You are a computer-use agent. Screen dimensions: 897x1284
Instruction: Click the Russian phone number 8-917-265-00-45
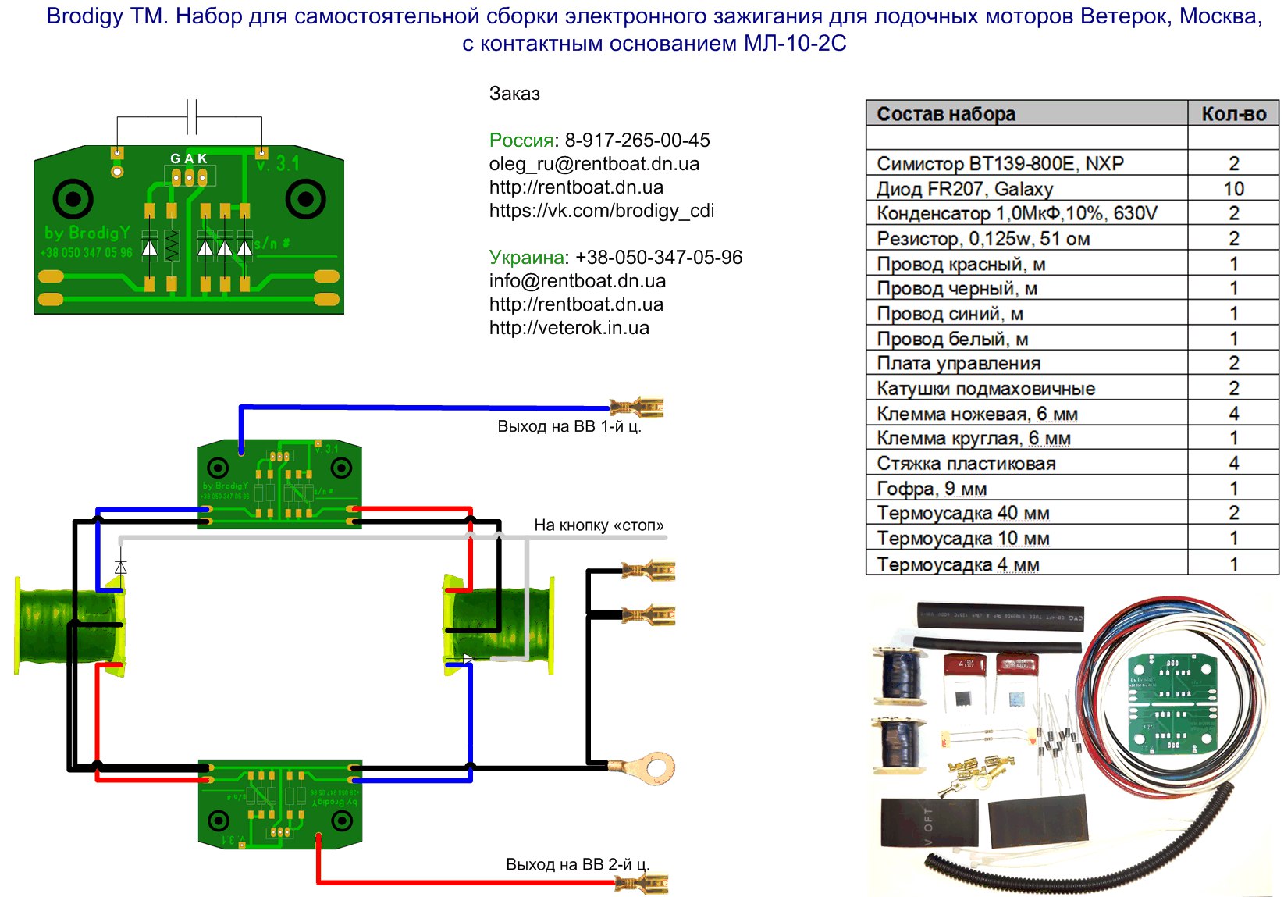637,141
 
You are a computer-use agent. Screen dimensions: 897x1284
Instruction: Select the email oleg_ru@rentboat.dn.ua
594,164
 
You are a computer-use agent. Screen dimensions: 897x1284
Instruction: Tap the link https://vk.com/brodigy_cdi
601,211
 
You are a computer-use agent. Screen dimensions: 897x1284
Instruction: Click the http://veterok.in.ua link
569,328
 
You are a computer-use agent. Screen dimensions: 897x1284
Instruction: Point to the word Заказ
514,94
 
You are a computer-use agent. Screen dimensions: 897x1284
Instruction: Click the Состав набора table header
946,114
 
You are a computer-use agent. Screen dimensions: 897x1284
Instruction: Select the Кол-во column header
1233,114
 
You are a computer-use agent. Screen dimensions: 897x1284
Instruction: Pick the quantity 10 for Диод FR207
1233,189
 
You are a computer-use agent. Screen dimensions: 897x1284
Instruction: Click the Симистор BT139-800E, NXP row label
1000,164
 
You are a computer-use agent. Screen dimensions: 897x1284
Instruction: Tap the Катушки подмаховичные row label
986,389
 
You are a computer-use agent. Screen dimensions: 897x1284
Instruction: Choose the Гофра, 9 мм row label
931,489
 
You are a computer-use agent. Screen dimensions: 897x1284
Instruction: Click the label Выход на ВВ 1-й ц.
569,426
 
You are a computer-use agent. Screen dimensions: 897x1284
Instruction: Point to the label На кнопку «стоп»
599,525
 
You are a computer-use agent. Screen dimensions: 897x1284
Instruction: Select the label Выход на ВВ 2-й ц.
578,864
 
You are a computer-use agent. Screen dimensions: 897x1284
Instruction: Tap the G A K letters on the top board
189,158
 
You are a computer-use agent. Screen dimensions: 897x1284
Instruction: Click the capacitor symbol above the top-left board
192,117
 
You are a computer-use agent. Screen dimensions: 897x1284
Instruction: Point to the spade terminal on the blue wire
638,408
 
